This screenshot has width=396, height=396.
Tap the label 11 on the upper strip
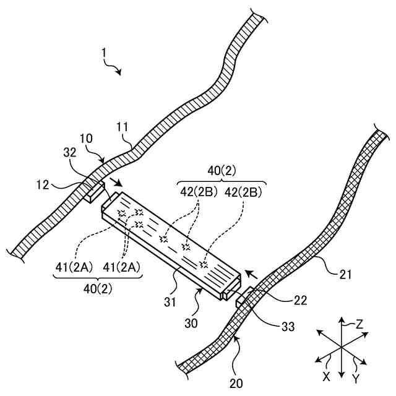[123, 129]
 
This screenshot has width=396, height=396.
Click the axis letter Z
[359, 324]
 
